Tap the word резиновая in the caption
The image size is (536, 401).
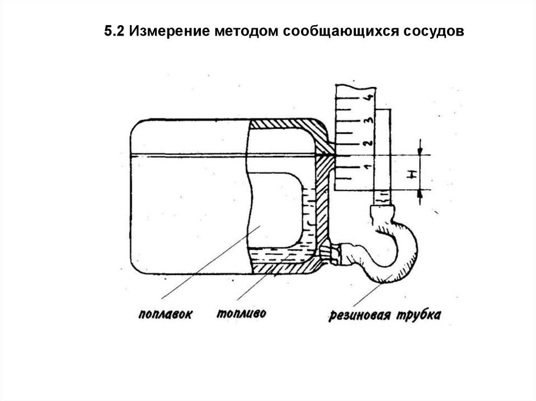tap(360, 315)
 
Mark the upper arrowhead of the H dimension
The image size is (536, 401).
tap(420, 151)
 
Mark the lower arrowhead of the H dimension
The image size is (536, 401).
tap(420, 193)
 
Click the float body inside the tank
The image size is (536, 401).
tap(275, 209)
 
